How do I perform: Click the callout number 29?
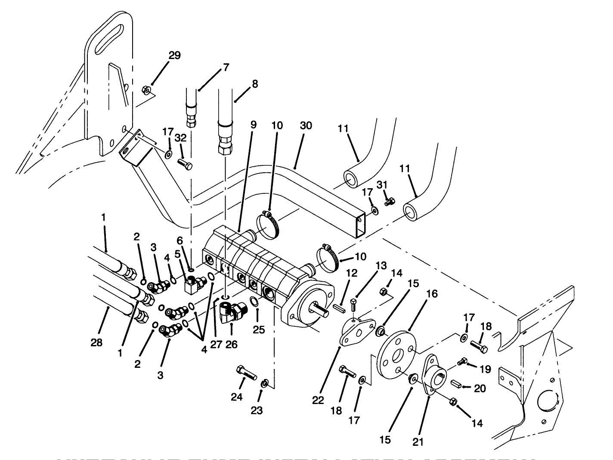(174, 56)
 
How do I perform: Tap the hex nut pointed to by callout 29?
(146, 90)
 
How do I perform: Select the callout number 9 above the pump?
(253, 125)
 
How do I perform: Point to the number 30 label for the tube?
(306, 126)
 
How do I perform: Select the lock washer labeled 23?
(265, 382)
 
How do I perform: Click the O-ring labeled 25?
(254, 302)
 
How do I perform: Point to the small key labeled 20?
(456, 383)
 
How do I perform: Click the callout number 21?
(418, 442)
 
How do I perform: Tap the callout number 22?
(318, 400)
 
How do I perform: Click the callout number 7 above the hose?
(226, 68)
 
